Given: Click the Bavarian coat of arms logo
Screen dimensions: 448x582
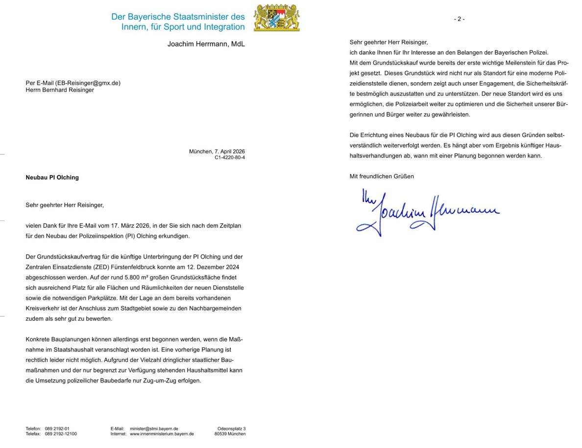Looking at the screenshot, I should pos(277,18).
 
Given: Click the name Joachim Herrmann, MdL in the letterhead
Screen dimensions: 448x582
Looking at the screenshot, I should pos(206,44).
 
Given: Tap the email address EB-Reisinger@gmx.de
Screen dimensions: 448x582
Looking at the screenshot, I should pos(88,83).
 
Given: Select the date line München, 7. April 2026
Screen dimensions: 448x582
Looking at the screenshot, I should pos(217,152).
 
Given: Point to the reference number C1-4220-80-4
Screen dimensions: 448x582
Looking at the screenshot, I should pos(229,158).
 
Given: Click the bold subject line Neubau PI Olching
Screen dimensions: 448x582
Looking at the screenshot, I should pos(52,177).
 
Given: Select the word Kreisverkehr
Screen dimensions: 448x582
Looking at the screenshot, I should pos(44,308).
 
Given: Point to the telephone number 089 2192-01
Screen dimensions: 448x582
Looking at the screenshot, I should pos(57,428).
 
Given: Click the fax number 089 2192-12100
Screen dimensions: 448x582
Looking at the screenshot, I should pos(61,434).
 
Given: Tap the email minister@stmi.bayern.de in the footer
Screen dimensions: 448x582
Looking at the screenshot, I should pos(154,428).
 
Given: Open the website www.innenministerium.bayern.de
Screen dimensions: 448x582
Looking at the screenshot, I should pos(162,434).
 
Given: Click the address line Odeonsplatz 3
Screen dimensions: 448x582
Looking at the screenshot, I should pos(231,428).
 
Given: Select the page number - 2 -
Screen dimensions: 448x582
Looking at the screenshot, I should pos(459,19).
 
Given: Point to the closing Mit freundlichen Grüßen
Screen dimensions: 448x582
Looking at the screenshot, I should pos(382,176).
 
